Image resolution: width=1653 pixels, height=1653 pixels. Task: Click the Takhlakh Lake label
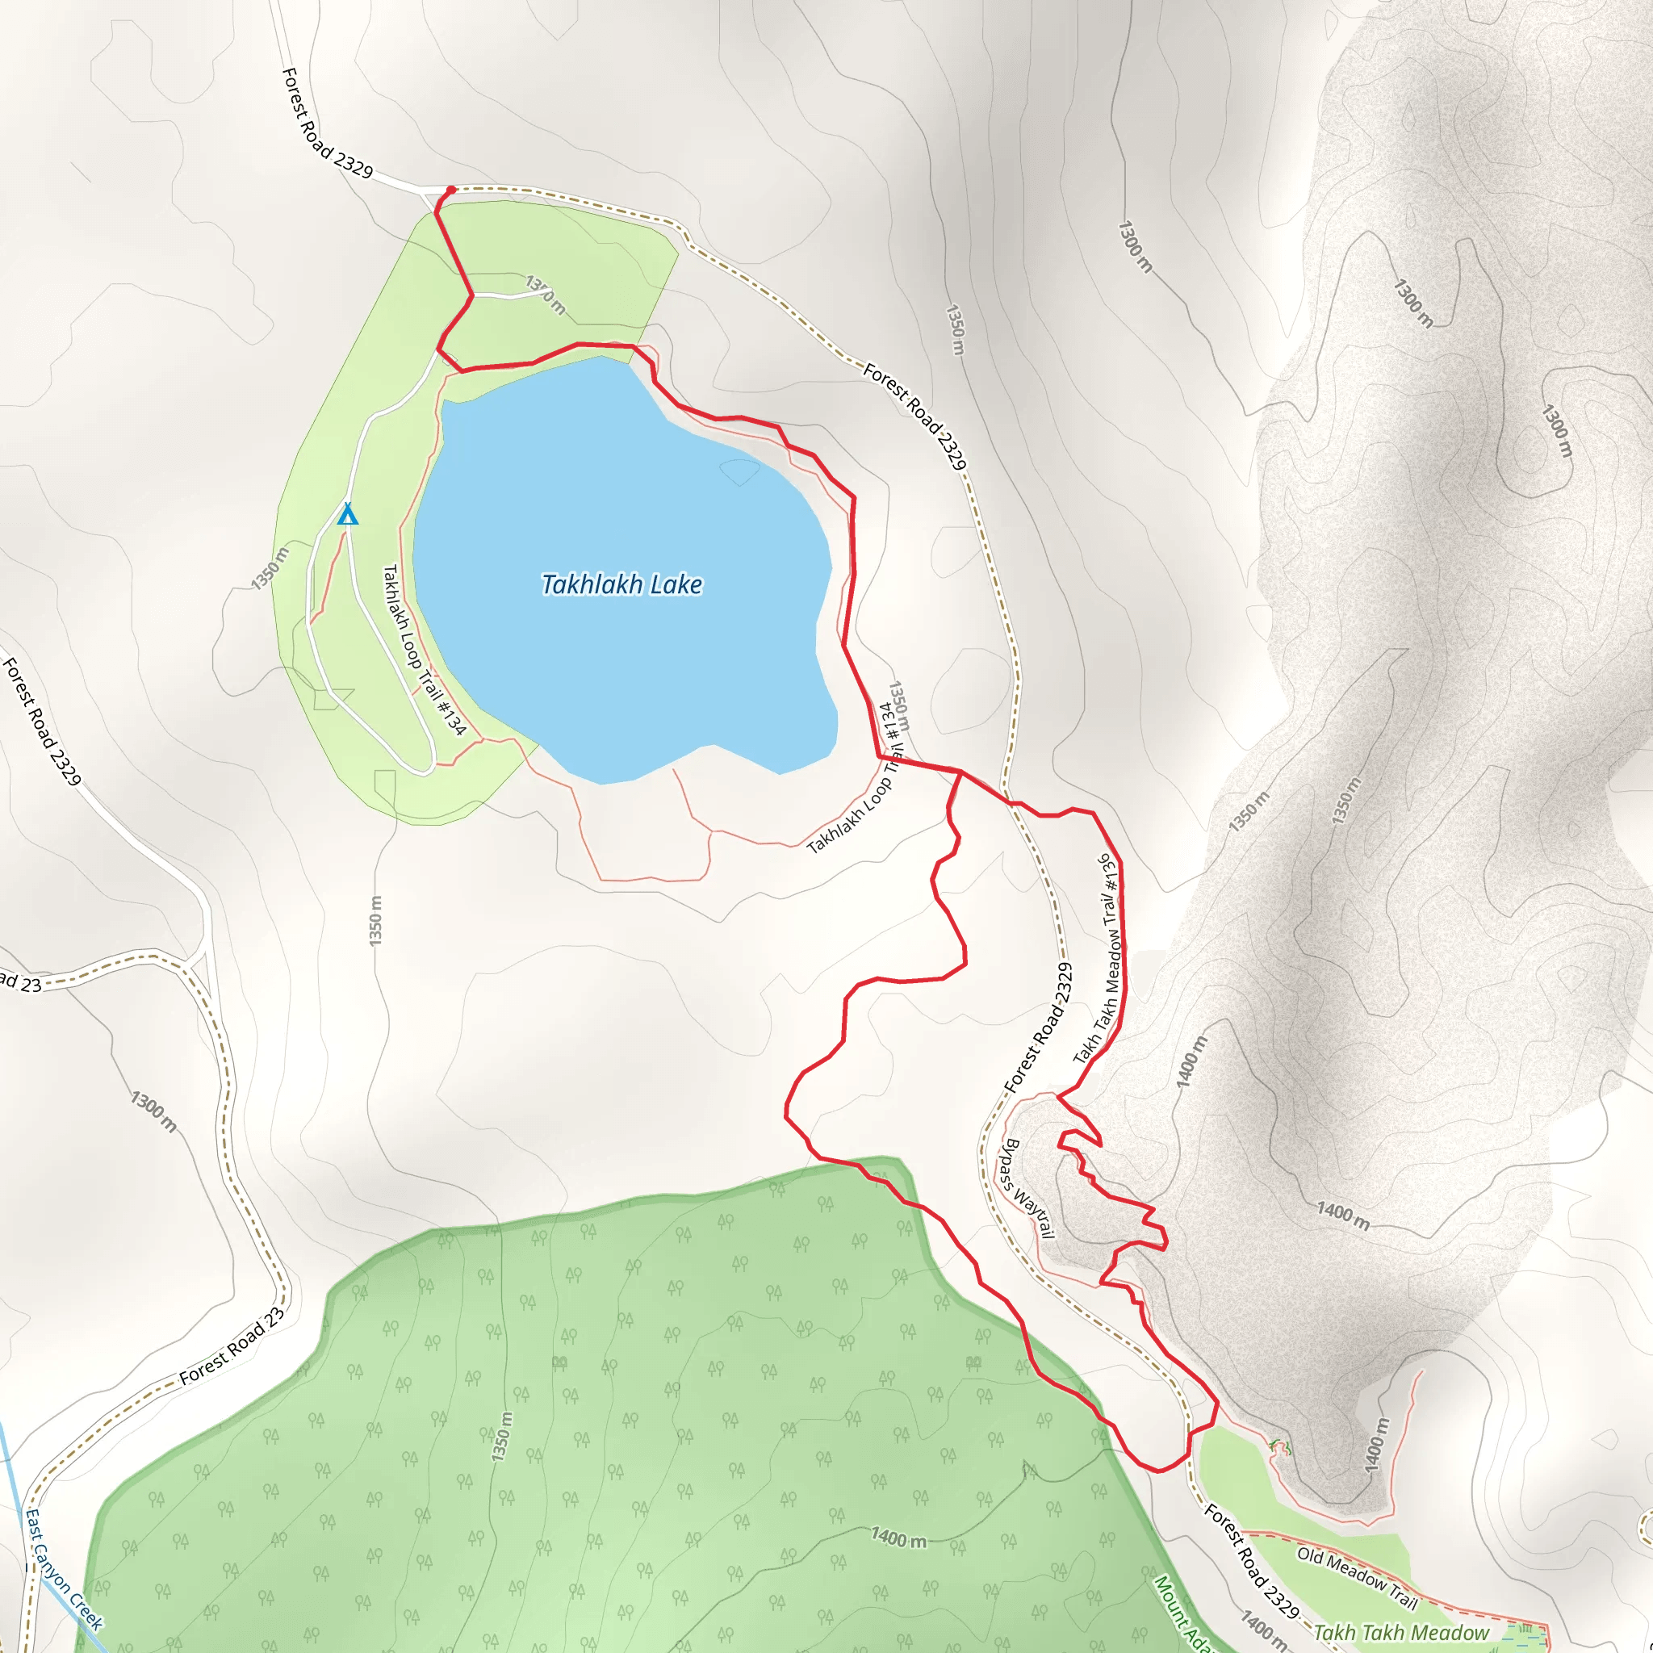pos(622,584)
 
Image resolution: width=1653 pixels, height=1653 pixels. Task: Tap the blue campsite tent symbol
pos(347,514)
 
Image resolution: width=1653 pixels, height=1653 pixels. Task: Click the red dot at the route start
pos(451,190)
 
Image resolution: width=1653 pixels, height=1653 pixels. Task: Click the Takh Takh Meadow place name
pos(1400,1633)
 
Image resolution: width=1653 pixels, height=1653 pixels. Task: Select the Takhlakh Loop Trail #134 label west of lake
pos(424,651)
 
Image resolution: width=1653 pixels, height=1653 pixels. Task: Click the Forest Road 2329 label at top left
pos(327,124)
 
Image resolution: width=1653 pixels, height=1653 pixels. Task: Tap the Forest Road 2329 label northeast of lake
pos(914,416)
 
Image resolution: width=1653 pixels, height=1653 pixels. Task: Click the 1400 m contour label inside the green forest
pos(898,1538)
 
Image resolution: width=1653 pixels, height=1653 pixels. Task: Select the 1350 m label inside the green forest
pos(502,1437)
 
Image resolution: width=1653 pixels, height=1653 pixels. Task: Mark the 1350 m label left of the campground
pos(270,569)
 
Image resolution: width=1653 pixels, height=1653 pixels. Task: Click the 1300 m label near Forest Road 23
pos(154,1111)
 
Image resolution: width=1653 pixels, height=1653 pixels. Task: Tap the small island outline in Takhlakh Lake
pos(739,471)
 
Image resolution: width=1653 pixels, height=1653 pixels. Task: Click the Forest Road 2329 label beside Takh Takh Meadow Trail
pos(1038,1027)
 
